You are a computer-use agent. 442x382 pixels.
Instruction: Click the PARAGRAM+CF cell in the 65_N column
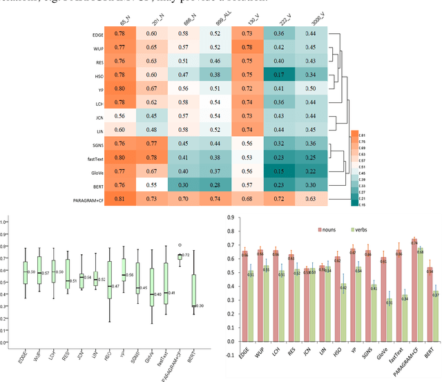pyautogui.click(x=120, y=199)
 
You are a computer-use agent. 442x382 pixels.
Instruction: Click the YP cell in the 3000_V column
pyautogui.click(x=311, y=88)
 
